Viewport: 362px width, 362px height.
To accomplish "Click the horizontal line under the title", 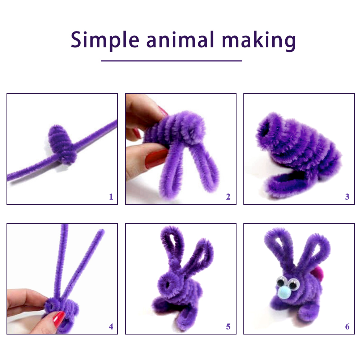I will tap(171, 61).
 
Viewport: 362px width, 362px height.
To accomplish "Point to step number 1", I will tap(111, 197).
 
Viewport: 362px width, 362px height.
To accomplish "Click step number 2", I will tap(228, 197).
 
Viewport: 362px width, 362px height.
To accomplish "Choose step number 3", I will tap(347, 197).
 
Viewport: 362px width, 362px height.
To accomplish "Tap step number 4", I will tap(111, 327).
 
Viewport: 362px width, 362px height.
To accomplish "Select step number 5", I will tap(228, 327).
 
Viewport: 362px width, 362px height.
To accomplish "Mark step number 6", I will tap(347, 327).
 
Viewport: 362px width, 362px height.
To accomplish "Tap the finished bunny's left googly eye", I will tap(281, 281).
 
